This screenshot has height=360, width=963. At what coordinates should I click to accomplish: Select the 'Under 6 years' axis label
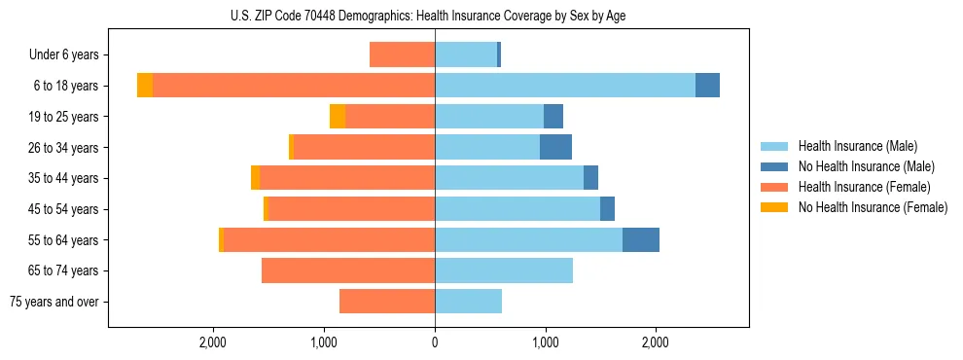coord(69,55)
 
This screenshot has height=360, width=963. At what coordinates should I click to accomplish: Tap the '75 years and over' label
coord(58,302)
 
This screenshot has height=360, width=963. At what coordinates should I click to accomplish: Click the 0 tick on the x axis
coord(435,342)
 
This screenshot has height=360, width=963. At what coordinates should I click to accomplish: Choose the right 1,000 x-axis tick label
coord(545,342)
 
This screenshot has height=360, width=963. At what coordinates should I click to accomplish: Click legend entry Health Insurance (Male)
coord(857,146)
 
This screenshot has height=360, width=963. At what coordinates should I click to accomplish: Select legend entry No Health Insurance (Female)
coord(873,207)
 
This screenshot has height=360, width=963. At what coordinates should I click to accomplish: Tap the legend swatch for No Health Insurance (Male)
coord(775,166)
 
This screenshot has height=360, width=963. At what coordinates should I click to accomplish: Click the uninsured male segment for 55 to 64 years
coord(641,240)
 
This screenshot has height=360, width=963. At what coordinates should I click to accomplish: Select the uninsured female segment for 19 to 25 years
coord(338,117)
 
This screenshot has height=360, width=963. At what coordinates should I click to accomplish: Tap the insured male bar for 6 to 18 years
coord(564,86)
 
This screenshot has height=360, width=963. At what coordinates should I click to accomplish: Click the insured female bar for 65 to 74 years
coord(348,270)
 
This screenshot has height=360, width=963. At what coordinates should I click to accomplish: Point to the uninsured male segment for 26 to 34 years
coord(555,147)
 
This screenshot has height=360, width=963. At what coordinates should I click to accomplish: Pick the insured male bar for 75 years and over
coord(468,302)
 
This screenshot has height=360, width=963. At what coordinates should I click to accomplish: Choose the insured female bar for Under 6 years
coord(402,55)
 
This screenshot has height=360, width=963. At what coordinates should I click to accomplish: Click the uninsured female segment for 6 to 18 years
coord(145,86)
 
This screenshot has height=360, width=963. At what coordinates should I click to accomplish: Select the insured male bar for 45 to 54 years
coord(517,209)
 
